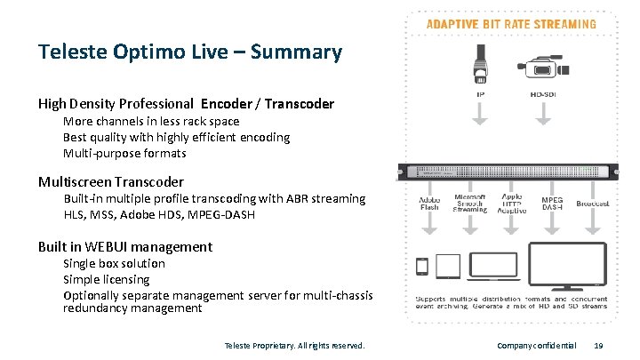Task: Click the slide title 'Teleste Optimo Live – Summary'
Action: pyautogui.click(x=189, y=52)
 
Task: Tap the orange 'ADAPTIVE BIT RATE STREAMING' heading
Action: pyautogui.click(x=513, y=24)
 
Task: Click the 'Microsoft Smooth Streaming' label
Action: pyautogui.click(x=470, y=204)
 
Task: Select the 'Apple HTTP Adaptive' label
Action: pyautogui.click(x=511, y=204)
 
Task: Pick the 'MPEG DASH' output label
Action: pyautogui.click(x=552, y=204)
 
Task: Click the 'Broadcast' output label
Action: pyautogui.click(x=592, y=204)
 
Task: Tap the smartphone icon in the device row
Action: pyautogui.click(x=422, y=266)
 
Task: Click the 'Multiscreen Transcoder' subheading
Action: pyautogui.click(x=111, y=182)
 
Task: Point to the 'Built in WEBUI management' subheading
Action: pyautogui.click(x=125, y=247)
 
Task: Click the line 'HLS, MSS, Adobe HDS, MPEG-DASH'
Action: pyautogui.click(x=168, y=214)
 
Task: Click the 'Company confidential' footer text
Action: pyautogui.click(x=537, y=345)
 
